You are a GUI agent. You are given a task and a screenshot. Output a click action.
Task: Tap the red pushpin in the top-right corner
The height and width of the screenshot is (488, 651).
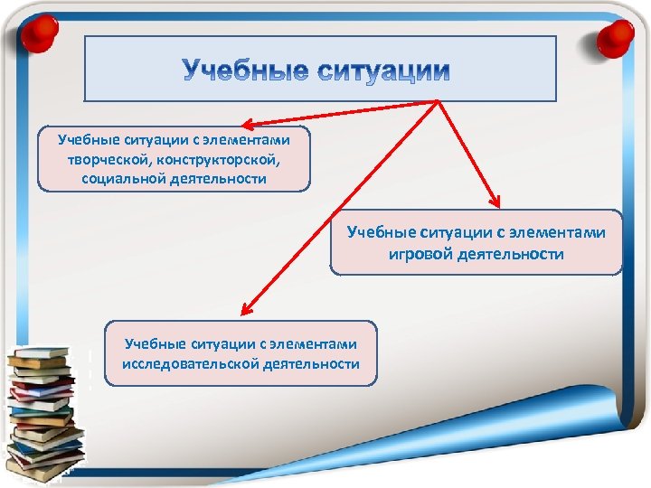[617, 37]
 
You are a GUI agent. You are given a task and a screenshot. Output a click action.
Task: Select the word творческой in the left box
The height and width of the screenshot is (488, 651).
[100, 159]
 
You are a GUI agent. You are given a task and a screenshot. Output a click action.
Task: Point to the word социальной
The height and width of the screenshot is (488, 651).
[126, 178]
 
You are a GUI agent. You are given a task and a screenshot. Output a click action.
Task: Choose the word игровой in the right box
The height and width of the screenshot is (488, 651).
[420, 254]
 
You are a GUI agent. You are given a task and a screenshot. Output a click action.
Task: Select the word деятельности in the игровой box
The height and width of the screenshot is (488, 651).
[510, 254]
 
